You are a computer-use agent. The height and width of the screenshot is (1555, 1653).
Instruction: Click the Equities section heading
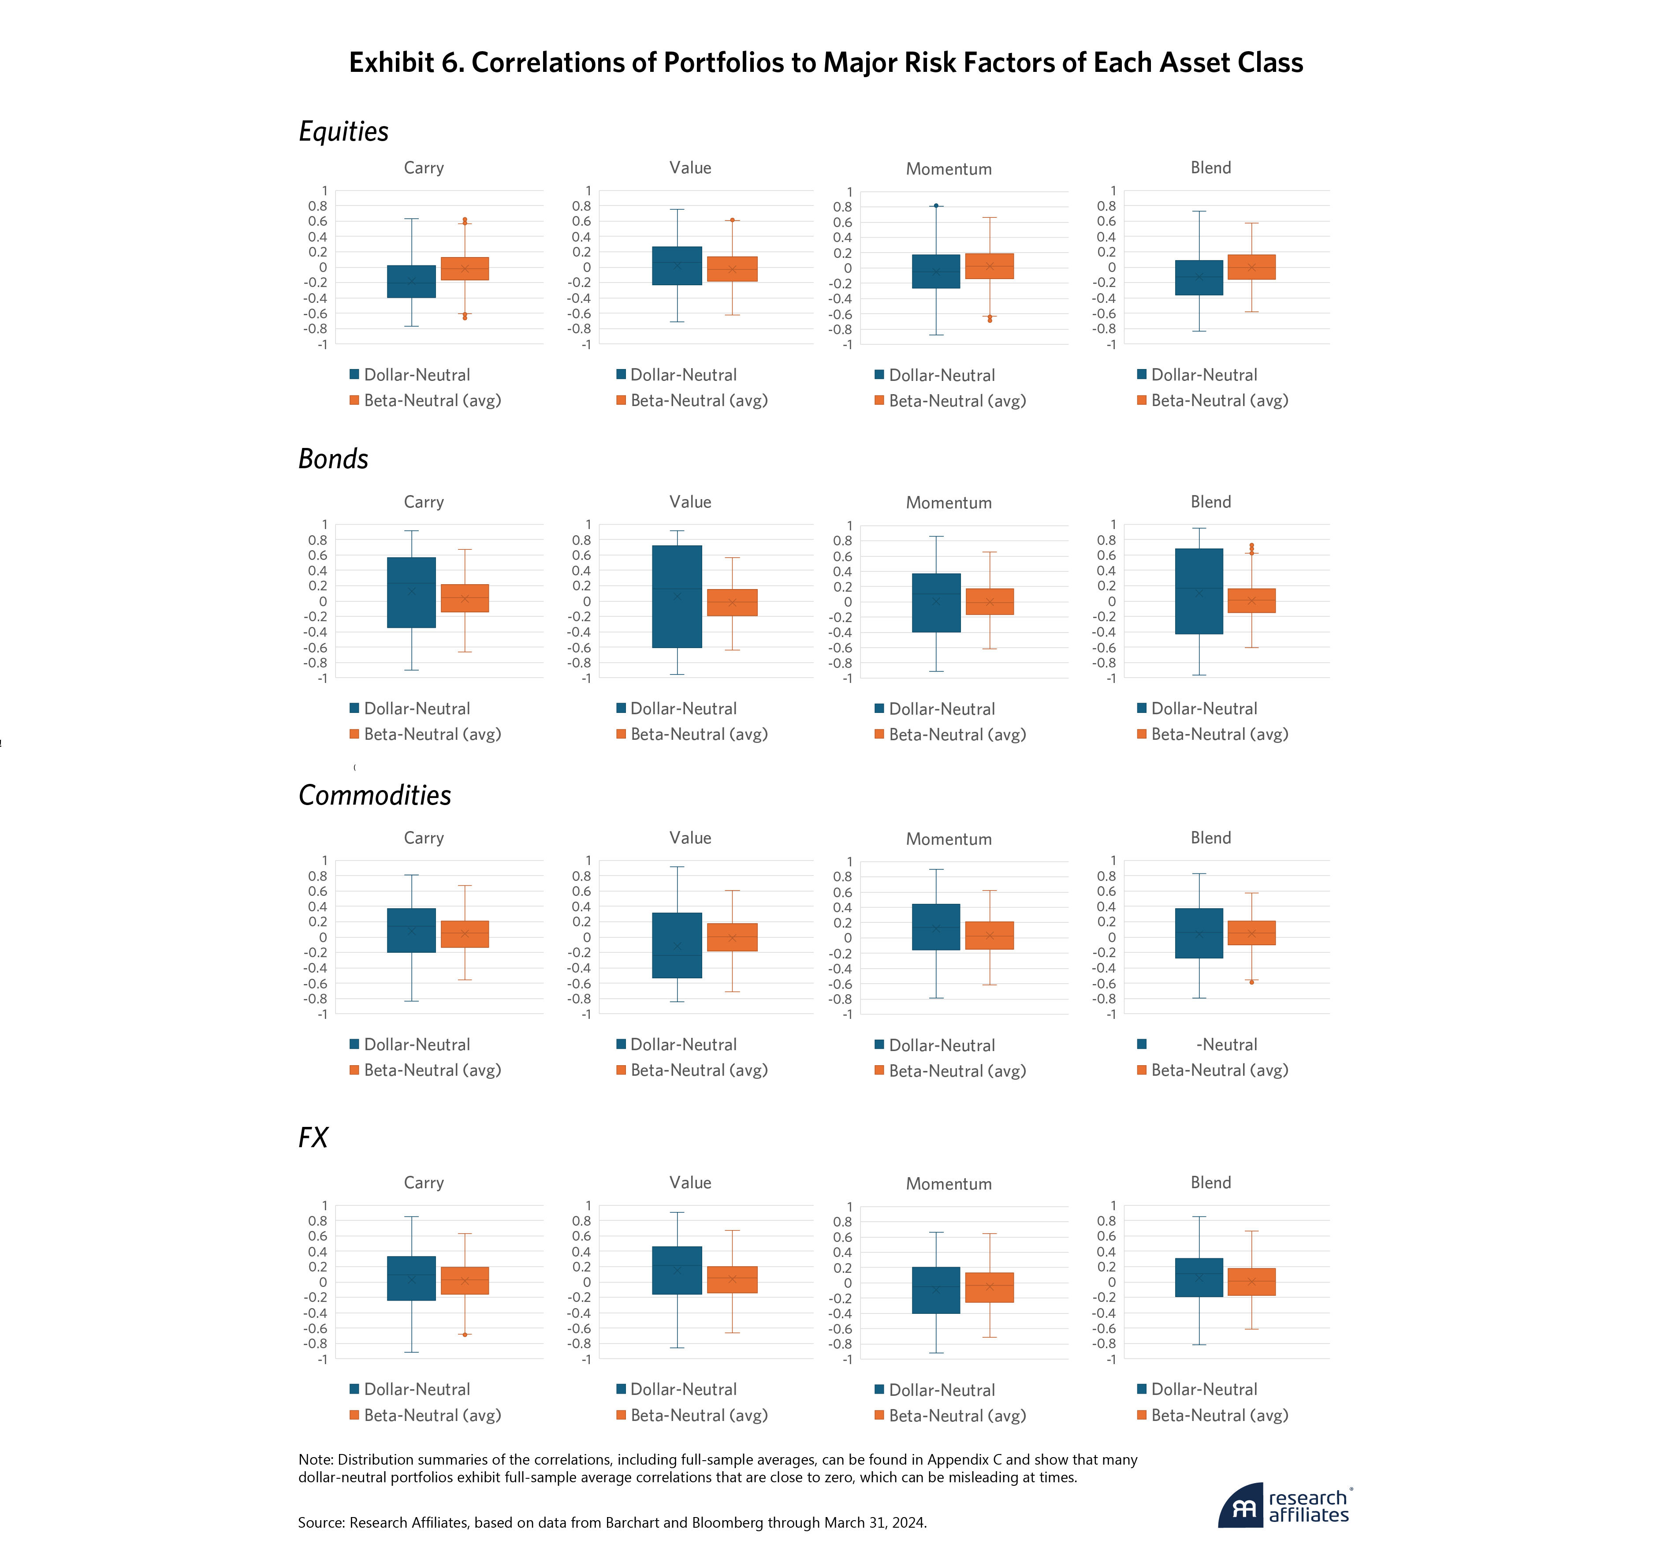click(343, 131)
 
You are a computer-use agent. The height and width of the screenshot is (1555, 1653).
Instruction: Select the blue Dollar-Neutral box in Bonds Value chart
click(677, 596)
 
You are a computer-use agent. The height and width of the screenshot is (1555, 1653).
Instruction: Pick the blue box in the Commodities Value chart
click(677, 945)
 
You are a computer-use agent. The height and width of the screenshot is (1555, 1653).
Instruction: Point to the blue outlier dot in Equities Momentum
click(936, 205)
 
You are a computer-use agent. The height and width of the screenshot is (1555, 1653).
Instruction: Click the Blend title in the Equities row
click(1210, 168)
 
